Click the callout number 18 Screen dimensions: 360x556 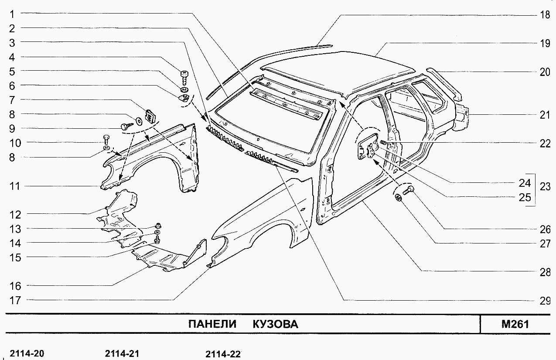coord(545,15)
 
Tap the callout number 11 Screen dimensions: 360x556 coord(15,186)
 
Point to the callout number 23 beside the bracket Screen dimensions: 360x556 coord(545,187)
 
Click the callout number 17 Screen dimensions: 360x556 coord(15,300)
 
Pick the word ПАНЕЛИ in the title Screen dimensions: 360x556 coord(212,324)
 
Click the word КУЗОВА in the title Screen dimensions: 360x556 coord(276,324)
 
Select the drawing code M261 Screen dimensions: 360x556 coord(515,324)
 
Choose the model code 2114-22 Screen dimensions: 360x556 coord(223,354)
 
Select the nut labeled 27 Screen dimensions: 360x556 coord(398,199)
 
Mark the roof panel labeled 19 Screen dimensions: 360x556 coord(340,70)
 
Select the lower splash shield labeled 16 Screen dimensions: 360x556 coord(161,260)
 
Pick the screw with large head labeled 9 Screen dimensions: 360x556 coord(126,126)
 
